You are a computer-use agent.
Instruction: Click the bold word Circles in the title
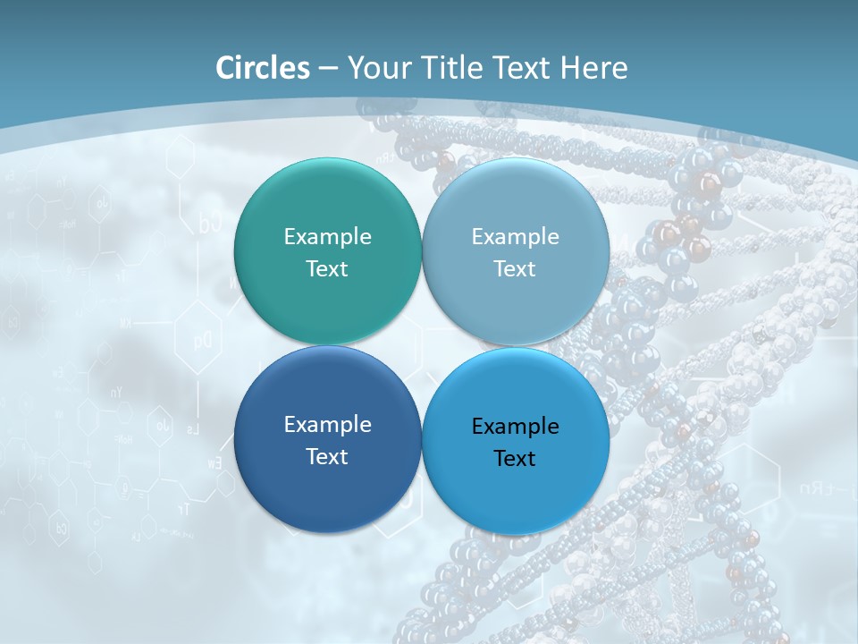(263, 68)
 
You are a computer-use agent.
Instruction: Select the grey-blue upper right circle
(516, 206)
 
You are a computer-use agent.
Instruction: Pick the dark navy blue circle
(327, 483)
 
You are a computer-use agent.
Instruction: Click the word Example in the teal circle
(327, 236)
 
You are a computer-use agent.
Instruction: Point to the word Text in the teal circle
(327, 268)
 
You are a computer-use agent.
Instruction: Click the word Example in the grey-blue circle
(515, 236)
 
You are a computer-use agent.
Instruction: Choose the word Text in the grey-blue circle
(515, 268)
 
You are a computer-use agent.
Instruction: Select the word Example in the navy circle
(327, 424)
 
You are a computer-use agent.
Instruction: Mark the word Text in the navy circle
(327, 456)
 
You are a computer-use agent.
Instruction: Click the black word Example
(515, 426)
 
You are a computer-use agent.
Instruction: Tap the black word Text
(515, 458)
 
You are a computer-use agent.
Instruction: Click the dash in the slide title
(328, 69)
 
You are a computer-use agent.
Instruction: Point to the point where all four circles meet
(421, 346)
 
